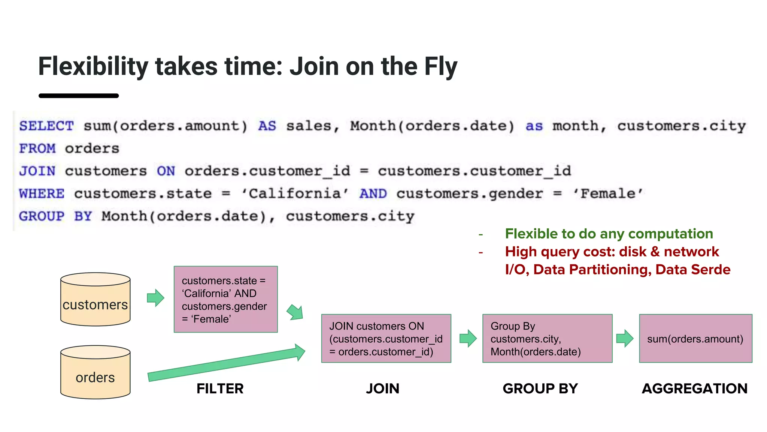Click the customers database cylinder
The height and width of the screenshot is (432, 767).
[95, 299]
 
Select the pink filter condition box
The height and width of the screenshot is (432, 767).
[225, 299]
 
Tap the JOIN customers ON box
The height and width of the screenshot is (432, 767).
[386, 338]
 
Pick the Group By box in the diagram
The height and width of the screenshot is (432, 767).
[547, 338]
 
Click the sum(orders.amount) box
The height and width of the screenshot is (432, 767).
[695, 338]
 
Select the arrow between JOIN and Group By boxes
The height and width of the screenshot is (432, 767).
[468, 338]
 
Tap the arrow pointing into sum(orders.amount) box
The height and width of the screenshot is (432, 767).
[625, 338]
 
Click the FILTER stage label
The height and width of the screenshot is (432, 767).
[220, 388]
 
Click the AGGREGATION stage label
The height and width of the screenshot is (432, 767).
[695, 388]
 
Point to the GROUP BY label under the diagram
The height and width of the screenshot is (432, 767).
[540, 388]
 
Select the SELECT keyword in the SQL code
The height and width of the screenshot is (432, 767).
[46, 126]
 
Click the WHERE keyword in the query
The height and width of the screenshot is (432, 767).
[42, 193]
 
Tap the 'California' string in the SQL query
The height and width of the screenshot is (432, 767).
[295, 193]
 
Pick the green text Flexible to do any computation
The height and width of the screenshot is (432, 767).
[609, 234]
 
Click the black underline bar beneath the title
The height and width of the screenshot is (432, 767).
[79, 96]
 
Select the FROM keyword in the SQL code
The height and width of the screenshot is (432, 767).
[37, 148]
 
